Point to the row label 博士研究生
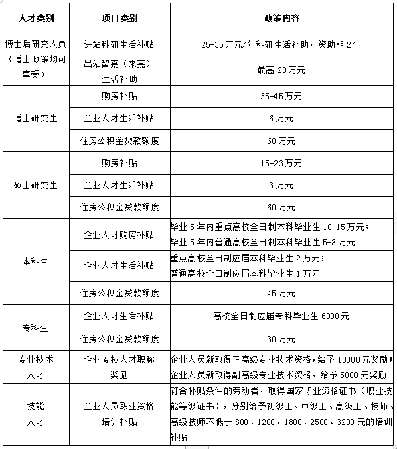tap(36, 119)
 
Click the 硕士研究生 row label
tap(36, 184)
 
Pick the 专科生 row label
tap(36, 328)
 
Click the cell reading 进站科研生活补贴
tap(119, 44)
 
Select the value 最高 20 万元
tap(281, 70)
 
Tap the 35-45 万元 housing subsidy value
tap(281, 97)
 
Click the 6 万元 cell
tap(281, 119)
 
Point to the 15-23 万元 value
tap(281, 163)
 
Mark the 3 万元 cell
tap(281, 184)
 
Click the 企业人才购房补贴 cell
tap(119, 235)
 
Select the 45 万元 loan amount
tap(281, 293)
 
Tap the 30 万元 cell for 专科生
tap(281, 338)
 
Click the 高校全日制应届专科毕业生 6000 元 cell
tap(281, 316)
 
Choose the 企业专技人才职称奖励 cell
tap(119, 367)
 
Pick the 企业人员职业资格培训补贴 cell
tap(119, 414)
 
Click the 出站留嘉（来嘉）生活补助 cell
tap(119, 70)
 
